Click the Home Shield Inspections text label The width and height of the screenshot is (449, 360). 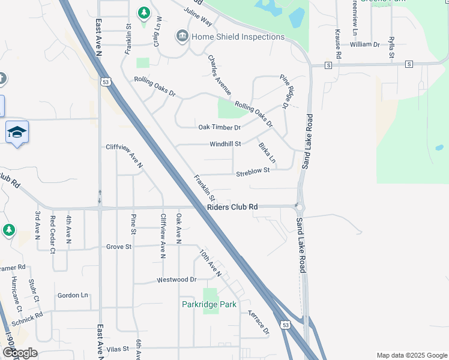point(238,37)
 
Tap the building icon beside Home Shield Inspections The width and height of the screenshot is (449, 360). point(181,37)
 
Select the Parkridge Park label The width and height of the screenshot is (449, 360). point(209,304)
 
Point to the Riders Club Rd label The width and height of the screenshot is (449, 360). point(232,207)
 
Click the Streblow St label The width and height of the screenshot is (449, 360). point(253,170)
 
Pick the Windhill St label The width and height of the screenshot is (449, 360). point(225,144)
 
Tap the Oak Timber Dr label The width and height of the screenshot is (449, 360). point(219,127)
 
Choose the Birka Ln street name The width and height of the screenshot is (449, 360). point(267,153)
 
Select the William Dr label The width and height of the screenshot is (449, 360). point(365,44)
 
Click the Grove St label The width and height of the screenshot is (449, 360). point(118,247)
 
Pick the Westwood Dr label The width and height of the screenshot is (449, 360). point(176,280)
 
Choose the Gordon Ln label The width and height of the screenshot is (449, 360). point(73,295)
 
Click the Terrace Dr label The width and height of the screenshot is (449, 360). point(259,323)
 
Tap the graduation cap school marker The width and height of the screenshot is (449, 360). point(17,132)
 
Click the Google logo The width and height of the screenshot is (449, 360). point(20,353)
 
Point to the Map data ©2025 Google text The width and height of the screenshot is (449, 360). point(411,355)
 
